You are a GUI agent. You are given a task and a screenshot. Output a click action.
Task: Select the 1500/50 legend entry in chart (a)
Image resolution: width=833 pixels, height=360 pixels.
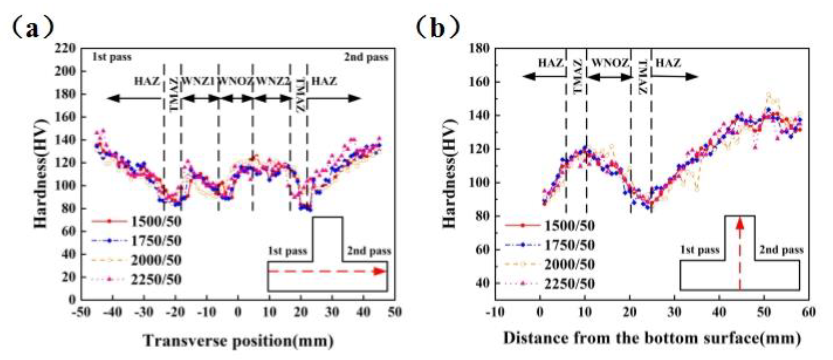click(157, 222)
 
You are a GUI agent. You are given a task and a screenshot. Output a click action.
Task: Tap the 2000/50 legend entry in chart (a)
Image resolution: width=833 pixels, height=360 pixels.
click(157, 260)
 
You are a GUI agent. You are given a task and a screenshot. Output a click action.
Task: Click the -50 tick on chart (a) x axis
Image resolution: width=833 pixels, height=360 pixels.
click(81, 312)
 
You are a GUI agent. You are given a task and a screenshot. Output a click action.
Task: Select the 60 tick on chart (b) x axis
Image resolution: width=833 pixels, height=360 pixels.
click(808, 312)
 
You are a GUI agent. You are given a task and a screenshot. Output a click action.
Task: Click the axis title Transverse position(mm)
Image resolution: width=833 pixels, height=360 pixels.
click(239, 341)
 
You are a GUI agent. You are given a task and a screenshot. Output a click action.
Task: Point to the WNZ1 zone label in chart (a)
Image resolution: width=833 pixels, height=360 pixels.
click(199, 81)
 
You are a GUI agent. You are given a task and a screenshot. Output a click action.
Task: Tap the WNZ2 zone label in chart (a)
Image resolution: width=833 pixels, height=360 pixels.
click(272, 81)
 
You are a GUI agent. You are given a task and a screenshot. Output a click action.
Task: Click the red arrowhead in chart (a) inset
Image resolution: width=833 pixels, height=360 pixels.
click(379, 271)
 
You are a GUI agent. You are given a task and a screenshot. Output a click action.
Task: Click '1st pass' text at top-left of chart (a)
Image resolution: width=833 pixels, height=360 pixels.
click(112, 57)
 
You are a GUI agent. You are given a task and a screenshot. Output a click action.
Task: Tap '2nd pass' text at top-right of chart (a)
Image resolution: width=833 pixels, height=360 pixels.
click(366, 57)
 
